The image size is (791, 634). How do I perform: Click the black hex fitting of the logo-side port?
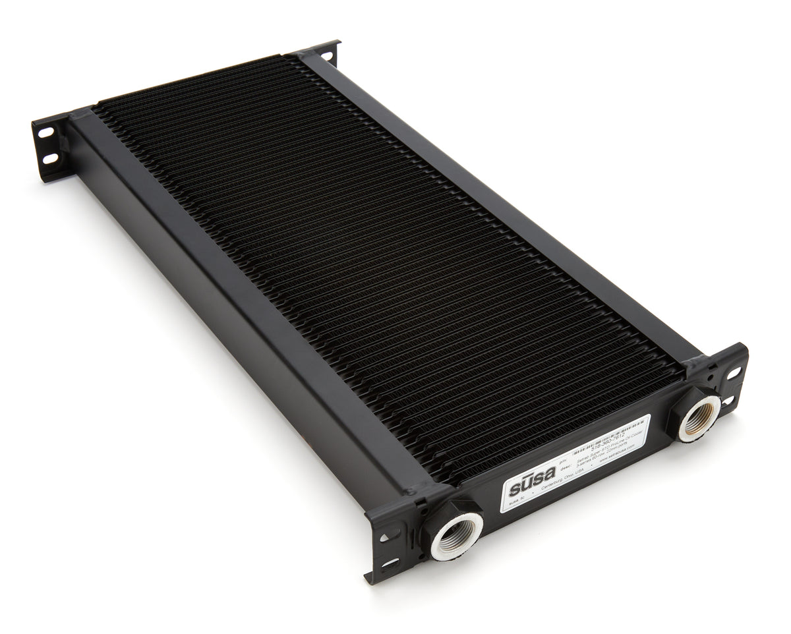pos(438,521)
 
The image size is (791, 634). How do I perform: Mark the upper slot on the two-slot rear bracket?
pos(46,132)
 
